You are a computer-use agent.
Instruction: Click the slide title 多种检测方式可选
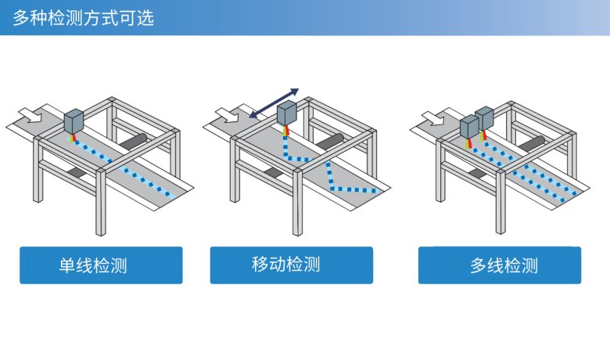pyautogui.click(x=83, y=16)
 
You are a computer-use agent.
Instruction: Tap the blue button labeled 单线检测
pyautogui.click(x=101, y=265)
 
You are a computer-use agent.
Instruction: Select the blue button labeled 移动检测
pyautogui.click(x=291, y=265)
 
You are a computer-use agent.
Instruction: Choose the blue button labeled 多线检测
pyautogui.click(x=499, y=265)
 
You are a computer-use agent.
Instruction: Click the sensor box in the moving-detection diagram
pyautogui.click(x=288, y=113)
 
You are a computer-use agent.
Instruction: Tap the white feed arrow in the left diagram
pyautogui.click(x=33, y=113)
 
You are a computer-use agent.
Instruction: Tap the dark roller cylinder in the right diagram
pyautogui.click(x=536, y=144)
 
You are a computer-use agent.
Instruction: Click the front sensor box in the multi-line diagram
pyautogui.click(x=469, y=127)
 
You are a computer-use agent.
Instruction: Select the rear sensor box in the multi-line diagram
pyautogui.click(x=485, y=119)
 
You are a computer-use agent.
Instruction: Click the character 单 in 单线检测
pyautogui.click(x=67, y=265)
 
